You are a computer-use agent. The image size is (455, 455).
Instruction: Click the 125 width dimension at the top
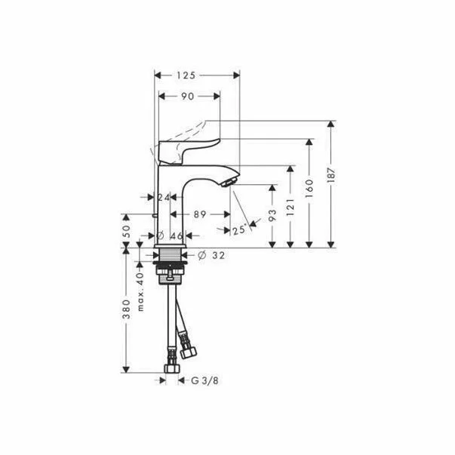(x=186, y=75)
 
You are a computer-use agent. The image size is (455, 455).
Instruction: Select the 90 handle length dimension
(x=187, y=97)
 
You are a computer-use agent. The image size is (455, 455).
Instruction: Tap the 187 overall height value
(x=331, y=175)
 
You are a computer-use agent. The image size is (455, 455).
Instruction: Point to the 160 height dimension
(x=309, y=189)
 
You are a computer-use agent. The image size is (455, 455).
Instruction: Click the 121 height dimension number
(x=291, y=208)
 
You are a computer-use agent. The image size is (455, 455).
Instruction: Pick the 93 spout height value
(x=272, y=215)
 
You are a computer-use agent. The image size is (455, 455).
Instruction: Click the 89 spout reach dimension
(x=200, y=214)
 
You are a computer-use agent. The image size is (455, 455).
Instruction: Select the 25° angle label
(x=240, y=231)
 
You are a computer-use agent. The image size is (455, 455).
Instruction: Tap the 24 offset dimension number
(x=164, y=198)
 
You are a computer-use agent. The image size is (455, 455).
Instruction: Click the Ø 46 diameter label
(x=170, y=235)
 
